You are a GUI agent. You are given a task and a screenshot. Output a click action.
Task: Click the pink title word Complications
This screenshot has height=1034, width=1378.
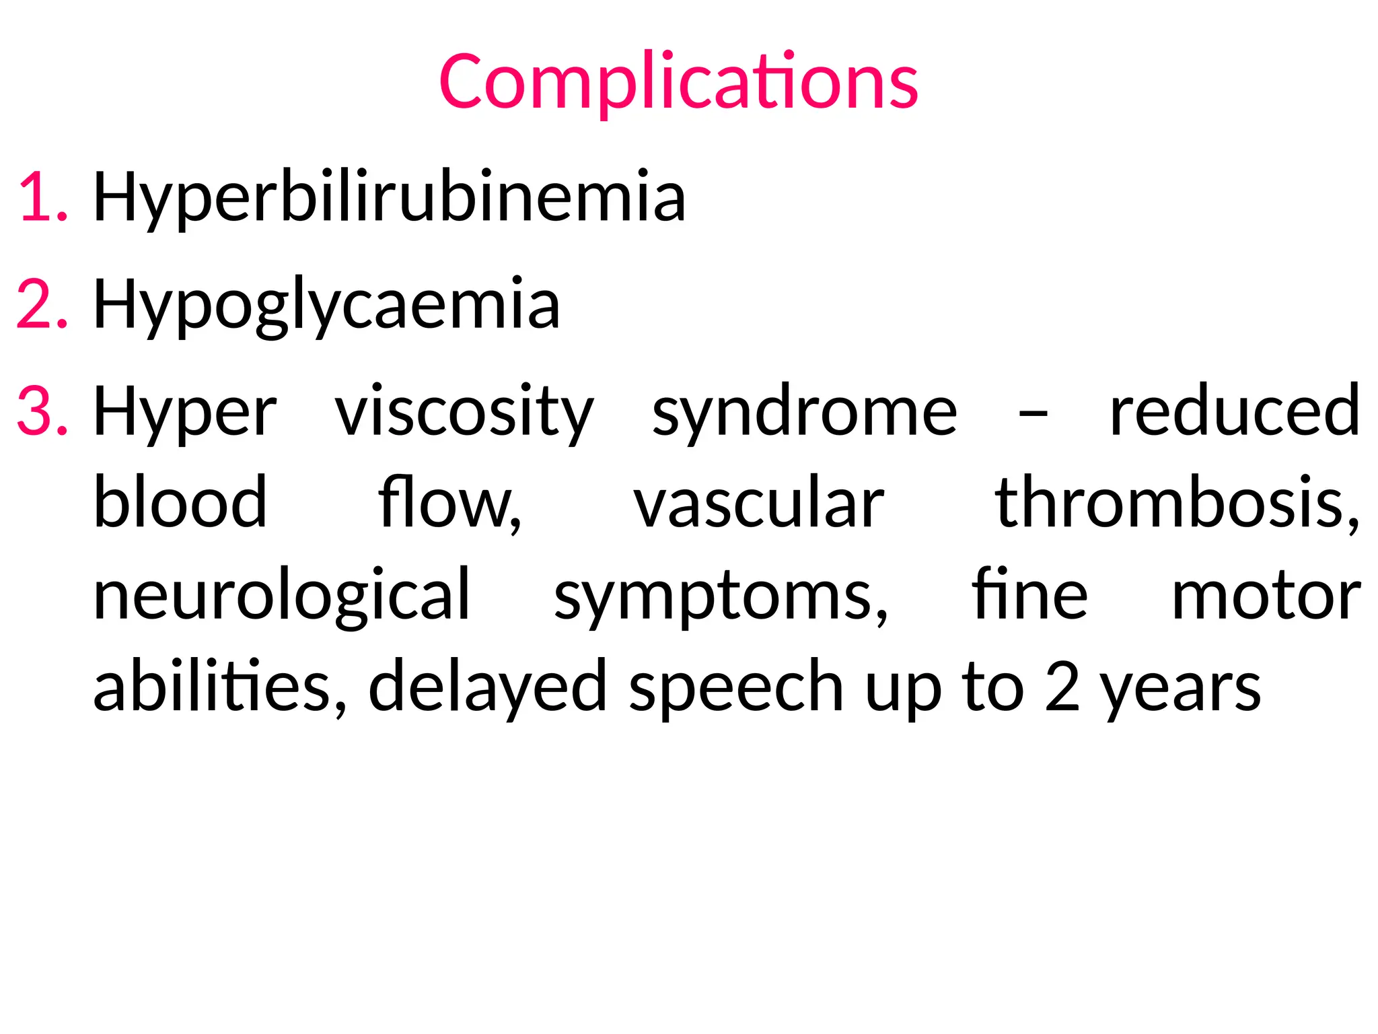678,81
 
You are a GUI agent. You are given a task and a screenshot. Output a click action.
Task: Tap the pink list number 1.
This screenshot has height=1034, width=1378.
42,197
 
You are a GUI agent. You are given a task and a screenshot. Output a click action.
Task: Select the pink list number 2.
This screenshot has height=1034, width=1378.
42,304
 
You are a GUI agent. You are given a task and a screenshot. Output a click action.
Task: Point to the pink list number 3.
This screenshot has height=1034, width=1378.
42,411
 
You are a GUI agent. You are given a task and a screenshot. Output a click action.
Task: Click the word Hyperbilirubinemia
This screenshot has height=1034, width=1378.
389,197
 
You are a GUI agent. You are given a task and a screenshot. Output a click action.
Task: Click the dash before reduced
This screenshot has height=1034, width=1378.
1033,412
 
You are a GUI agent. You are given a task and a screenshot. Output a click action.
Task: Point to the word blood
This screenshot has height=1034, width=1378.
180,502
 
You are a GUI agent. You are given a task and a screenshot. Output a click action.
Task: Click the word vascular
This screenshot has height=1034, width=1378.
758,504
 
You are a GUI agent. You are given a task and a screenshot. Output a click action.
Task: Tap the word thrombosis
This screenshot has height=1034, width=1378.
1177,502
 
